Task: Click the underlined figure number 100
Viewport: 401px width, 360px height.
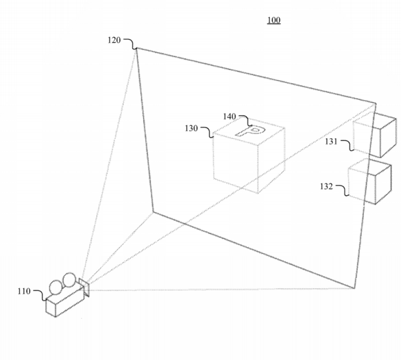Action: pos(274,20)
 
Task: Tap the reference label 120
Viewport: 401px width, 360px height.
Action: pos(114,40)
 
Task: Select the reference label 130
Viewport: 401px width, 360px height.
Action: pos(191,128)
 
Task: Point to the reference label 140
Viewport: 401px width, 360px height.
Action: pos(229,117)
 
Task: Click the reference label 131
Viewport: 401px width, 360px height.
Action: pos(331,141)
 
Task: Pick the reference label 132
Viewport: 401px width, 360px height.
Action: pos(326,186)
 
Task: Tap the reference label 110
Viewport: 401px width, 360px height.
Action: pos(24,291)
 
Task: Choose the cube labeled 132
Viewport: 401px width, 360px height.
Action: pos(370,181)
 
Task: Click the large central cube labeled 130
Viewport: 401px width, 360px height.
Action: pos(249,155)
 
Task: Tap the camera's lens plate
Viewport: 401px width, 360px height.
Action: pos(84,288)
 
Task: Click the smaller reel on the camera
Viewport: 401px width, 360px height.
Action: pos(56,288)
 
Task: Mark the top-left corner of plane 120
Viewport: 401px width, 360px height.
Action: pos(136,48)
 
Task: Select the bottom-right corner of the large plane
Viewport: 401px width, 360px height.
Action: pos(355,288)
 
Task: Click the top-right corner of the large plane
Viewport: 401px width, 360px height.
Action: pos(376,103)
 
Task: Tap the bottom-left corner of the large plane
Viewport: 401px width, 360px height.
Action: pos(153,212)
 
